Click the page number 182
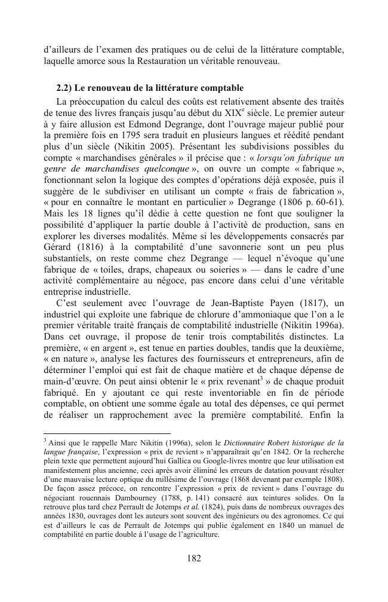point(193,558)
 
